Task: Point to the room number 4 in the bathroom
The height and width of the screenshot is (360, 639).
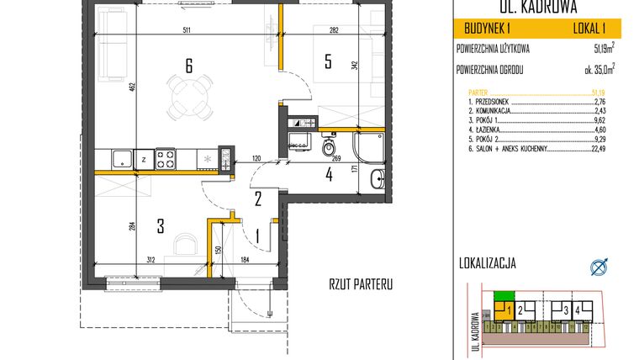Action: (330, 176)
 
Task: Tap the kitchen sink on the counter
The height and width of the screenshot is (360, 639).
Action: (120, 156)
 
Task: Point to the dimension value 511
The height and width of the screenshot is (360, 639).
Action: (188, 31)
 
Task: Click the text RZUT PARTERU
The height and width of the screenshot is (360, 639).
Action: (362, 285)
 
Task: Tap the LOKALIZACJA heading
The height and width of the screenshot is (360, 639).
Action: (483, 263)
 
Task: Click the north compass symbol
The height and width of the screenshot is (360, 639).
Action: (598, 267)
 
